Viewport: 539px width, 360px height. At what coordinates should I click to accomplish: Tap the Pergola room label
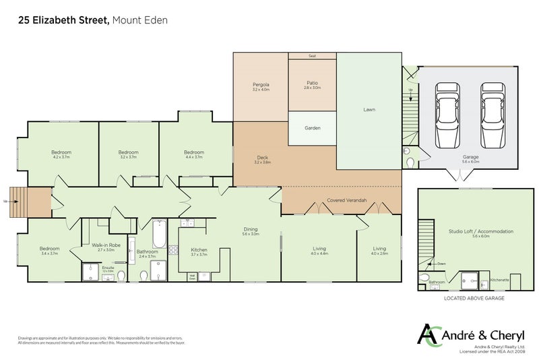point(261,84)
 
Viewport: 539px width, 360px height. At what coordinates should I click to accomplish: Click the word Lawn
point(369,109)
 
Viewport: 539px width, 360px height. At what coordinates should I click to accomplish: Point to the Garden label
point(312,128)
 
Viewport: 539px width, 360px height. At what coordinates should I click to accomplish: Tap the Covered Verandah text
point(341,200)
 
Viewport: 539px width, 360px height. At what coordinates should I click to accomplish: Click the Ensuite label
point(108,268)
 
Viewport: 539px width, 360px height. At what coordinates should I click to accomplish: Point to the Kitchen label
point(199,249)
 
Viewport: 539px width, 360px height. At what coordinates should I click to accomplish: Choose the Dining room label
point(251,229)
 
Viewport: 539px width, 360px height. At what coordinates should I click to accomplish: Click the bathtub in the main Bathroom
point(160,234)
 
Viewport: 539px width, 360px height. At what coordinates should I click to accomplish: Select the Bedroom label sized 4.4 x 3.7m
point(194,152)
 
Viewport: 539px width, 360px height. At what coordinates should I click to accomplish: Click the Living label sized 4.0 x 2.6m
point(379,249)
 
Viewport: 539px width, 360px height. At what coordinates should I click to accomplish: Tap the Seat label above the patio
point(312,56)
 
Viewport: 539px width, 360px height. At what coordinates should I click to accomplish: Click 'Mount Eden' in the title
point(140,20)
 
